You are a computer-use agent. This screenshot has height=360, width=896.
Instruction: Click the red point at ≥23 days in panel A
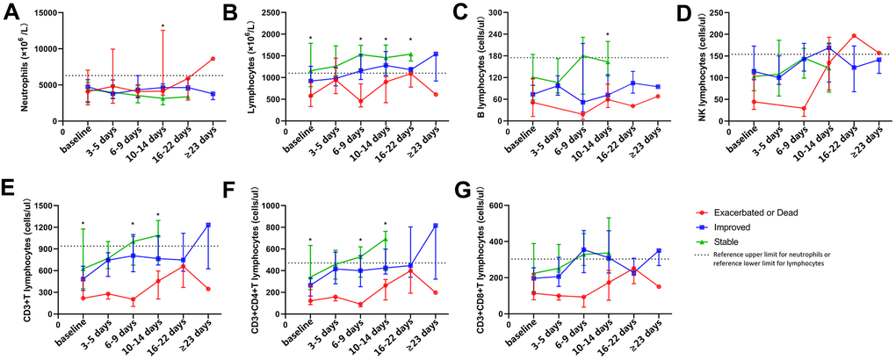click(213, 59)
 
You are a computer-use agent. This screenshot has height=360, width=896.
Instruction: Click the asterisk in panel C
click(608, 35)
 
